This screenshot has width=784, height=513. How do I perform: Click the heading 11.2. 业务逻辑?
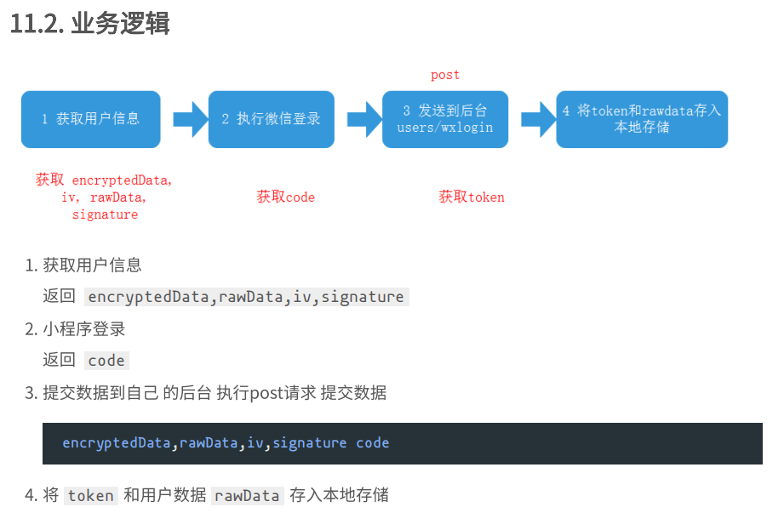pos(89,24)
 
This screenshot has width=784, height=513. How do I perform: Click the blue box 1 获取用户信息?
pos(90,119)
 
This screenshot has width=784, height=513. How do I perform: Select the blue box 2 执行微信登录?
pos(271,119)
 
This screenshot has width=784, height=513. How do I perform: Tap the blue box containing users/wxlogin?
pos(444,119)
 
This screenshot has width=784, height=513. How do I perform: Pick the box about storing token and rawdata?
pos(641,119)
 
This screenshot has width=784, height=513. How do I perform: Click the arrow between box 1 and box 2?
pos(190,119)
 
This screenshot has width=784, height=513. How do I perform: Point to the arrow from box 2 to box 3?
pos(363,119)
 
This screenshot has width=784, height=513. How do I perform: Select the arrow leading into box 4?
pos(538,119)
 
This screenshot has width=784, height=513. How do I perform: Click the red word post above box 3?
pos(445,75)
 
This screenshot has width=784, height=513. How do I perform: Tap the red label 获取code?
pos(286,197)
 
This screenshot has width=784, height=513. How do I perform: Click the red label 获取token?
pos(472,197)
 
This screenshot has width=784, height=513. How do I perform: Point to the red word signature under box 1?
pos(105,215)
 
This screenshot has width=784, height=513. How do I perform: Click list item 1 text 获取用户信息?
pos(93,265)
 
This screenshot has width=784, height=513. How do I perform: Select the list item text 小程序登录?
pos(84,328)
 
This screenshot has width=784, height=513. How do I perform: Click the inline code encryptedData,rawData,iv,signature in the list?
pos(246,297)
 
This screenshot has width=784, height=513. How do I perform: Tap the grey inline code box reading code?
pos(106,361)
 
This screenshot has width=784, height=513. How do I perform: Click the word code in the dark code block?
pos(373,443)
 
